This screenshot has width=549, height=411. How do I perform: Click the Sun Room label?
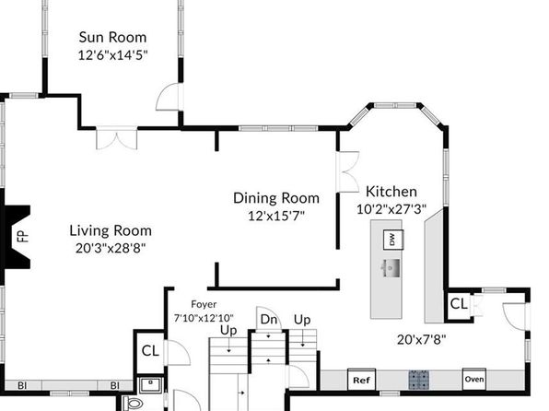112,37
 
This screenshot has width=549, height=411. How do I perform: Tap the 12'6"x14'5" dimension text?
112,55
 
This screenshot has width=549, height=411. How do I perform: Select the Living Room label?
111,230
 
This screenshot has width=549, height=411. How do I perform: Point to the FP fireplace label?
23,236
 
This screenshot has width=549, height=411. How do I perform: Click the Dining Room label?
276,198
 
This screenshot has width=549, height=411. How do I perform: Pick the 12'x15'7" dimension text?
276,216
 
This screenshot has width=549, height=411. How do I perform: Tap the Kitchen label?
391,192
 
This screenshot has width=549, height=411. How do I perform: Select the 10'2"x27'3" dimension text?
391,209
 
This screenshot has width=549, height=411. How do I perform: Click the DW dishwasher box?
392,240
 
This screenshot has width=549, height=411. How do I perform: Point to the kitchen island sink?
391,268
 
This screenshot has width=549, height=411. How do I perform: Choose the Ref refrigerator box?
361,380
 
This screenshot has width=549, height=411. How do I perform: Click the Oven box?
474,379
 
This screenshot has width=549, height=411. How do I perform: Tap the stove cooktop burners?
418,380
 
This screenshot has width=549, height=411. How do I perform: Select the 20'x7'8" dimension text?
422,339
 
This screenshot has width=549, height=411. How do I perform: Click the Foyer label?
204,304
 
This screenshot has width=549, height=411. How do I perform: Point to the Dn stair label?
269,320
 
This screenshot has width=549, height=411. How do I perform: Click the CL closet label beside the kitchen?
459,304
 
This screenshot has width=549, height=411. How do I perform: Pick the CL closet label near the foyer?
150,351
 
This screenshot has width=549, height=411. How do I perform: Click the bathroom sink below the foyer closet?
150,385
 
